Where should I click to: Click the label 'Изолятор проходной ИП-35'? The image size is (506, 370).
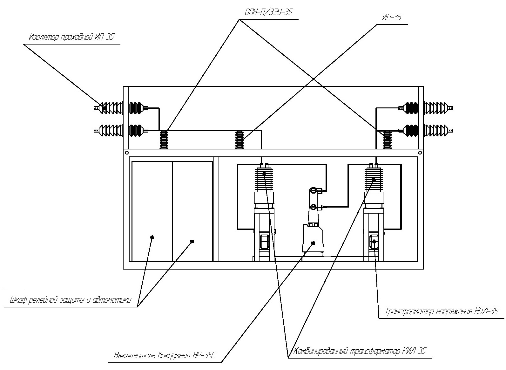(71, 37)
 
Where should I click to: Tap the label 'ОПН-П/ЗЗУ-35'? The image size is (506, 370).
(268, 12)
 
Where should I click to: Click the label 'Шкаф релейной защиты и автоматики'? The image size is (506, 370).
(71, 300)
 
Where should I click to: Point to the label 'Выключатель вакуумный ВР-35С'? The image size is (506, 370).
(164, 355)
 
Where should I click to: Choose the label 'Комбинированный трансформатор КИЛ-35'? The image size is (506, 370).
(360, 351)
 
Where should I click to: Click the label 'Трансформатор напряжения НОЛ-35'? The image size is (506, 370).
(442, 311)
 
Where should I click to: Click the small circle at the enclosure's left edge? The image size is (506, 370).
(127, 153)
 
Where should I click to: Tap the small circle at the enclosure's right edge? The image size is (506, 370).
(420, 153)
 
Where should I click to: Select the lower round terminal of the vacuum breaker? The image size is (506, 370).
(313, 207)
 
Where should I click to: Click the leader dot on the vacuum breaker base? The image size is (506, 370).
(313, 243)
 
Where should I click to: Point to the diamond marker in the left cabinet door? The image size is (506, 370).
(152, 237)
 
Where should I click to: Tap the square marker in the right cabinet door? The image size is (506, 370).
(192, 241)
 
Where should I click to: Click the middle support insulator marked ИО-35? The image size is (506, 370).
(240, 140)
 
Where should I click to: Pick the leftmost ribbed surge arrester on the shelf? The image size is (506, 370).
(164, 140)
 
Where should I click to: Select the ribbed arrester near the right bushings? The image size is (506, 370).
(388, 140)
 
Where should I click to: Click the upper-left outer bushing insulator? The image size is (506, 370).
(108, 108)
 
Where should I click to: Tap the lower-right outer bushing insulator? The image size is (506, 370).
(438, 130)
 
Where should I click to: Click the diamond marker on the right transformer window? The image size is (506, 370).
(374, 242)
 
